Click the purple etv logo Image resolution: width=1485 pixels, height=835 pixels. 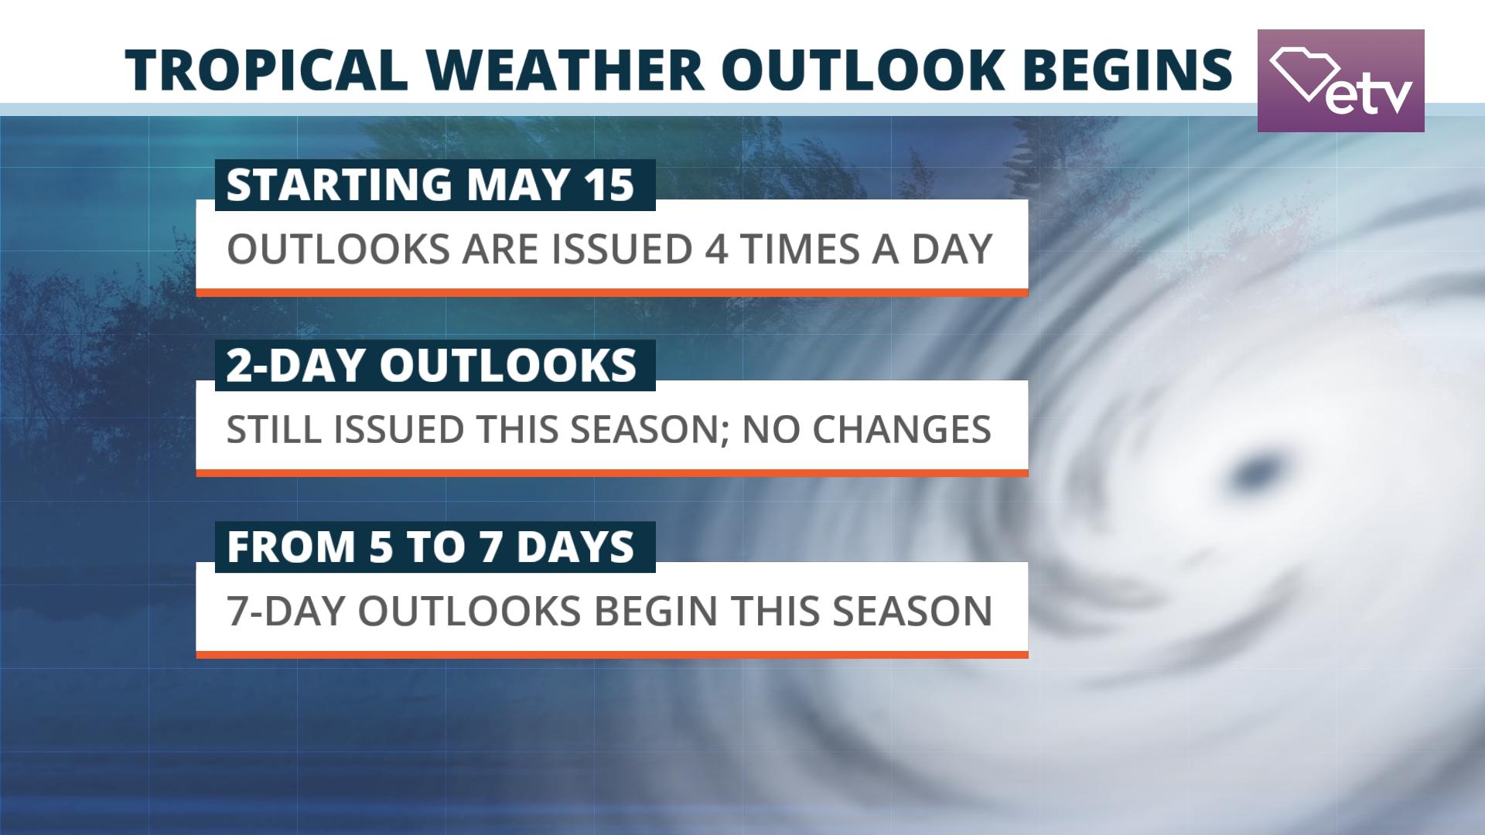[x=1340, y=80]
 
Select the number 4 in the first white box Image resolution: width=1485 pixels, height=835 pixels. [x=716, y=249]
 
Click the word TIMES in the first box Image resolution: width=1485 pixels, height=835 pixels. [x=801, y=249]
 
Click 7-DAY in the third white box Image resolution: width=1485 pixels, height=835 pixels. [x=285, y=611]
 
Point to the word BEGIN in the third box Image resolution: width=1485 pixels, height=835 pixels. [x=656, y=611]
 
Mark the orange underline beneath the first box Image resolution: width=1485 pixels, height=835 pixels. [x=611, y=292]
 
